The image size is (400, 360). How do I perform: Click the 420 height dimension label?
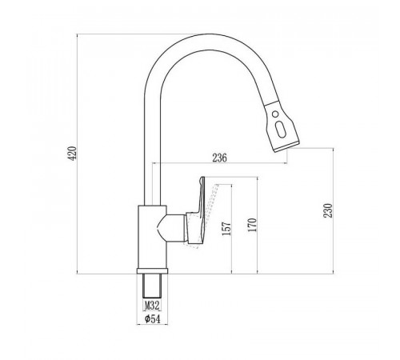73,153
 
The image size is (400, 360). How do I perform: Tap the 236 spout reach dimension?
219,158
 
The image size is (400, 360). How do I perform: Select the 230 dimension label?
328,210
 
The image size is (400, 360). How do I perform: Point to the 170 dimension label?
252,225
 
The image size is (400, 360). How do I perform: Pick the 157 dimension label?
226,229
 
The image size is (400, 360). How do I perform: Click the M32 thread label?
152,306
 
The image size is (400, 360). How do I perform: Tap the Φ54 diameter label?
153,318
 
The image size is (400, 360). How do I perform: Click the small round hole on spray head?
275,114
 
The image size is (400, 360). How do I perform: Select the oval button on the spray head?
281,130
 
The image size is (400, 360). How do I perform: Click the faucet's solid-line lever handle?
198,210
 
